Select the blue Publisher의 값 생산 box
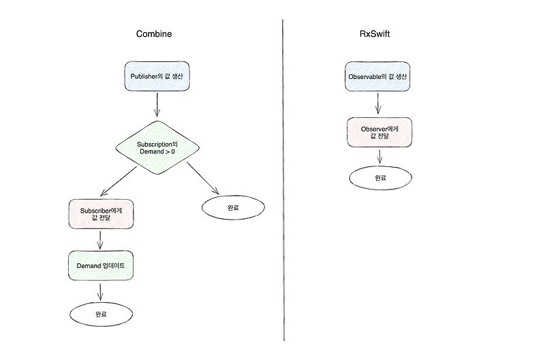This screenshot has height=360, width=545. click(157, 77)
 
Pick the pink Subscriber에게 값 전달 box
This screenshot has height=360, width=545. click(101, 214)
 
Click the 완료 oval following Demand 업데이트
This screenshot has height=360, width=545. click(101, 314)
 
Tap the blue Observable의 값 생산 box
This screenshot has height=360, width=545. click(378, 77)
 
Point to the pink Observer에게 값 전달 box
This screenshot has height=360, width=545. click(378, 131)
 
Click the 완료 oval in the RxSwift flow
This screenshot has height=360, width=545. click(380, 177)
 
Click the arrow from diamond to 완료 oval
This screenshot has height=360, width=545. click(204, 179)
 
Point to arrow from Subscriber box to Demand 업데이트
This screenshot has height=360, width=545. click(101, 239)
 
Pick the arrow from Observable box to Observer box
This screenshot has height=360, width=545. click(378, 104)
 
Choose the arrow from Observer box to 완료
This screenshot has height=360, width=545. click(379, 155)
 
